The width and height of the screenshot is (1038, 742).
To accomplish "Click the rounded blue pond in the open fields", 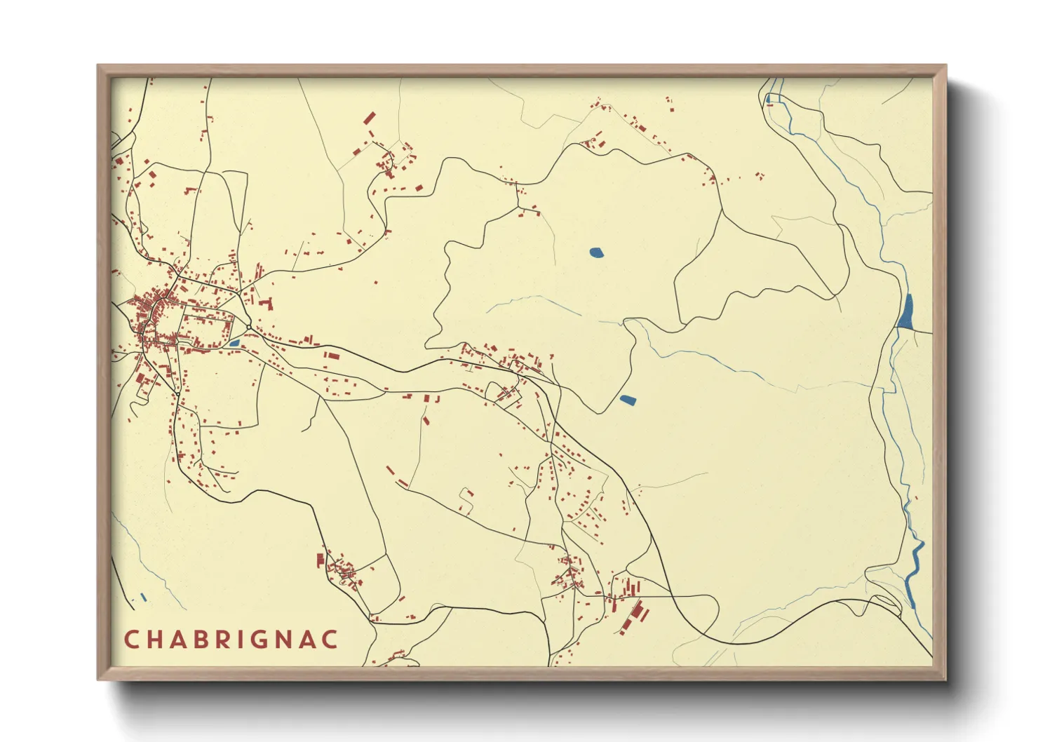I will coord(596,252).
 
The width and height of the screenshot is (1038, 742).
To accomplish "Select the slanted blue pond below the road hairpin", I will coord(627,400).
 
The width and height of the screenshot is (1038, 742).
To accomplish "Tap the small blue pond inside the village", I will coord(234,343).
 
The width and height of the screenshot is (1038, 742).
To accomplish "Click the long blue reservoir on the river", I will coord(906,311).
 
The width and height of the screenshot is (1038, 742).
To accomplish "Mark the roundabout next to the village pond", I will coord(249,327).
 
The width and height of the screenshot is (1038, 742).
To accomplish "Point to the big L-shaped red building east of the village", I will coord(267,304).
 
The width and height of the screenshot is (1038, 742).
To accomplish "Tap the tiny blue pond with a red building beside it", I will coord(769,99).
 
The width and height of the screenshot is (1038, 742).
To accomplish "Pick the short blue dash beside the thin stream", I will coord(143,597).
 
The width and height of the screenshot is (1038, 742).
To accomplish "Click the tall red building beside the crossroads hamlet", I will coord(321,560).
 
